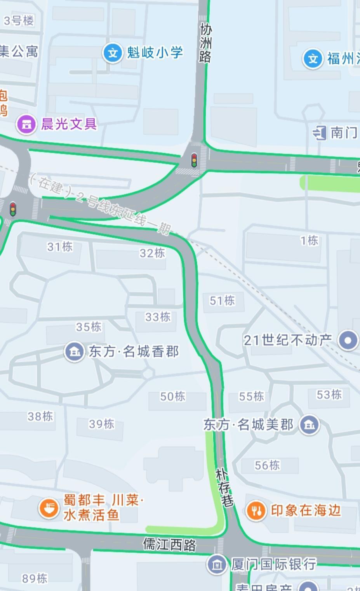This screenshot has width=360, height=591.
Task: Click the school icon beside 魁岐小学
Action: pos(113,52)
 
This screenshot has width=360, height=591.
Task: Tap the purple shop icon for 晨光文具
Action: pos(26,124)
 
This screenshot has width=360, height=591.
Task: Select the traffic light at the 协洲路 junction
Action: pos(194,160)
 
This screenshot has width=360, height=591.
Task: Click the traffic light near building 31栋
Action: pos(13,209)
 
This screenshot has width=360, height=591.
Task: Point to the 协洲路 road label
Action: pos(205,43)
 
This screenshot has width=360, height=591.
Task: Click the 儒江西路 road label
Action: pos(169,544)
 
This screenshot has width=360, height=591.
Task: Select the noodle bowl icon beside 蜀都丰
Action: pos(49,508)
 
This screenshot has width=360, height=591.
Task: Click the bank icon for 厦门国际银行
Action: pos(217,564)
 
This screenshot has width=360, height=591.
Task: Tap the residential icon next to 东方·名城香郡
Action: pos(74,352)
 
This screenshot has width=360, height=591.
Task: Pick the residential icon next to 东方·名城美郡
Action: pos(309,425)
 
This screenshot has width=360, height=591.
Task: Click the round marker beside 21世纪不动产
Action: pos(348,340)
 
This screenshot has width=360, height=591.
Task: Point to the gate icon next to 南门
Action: pos(319,133)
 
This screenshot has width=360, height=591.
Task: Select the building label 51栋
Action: pos(222,300)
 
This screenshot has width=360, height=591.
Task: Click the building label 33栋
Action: pos(158,317)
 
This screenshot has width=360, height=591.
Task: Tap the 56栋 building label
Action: pos(267,465)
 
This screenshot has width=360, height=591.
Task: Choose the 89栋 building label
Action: pos(35,579)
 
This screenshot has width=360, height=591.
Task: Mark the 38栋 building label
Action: pos(40,416)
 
